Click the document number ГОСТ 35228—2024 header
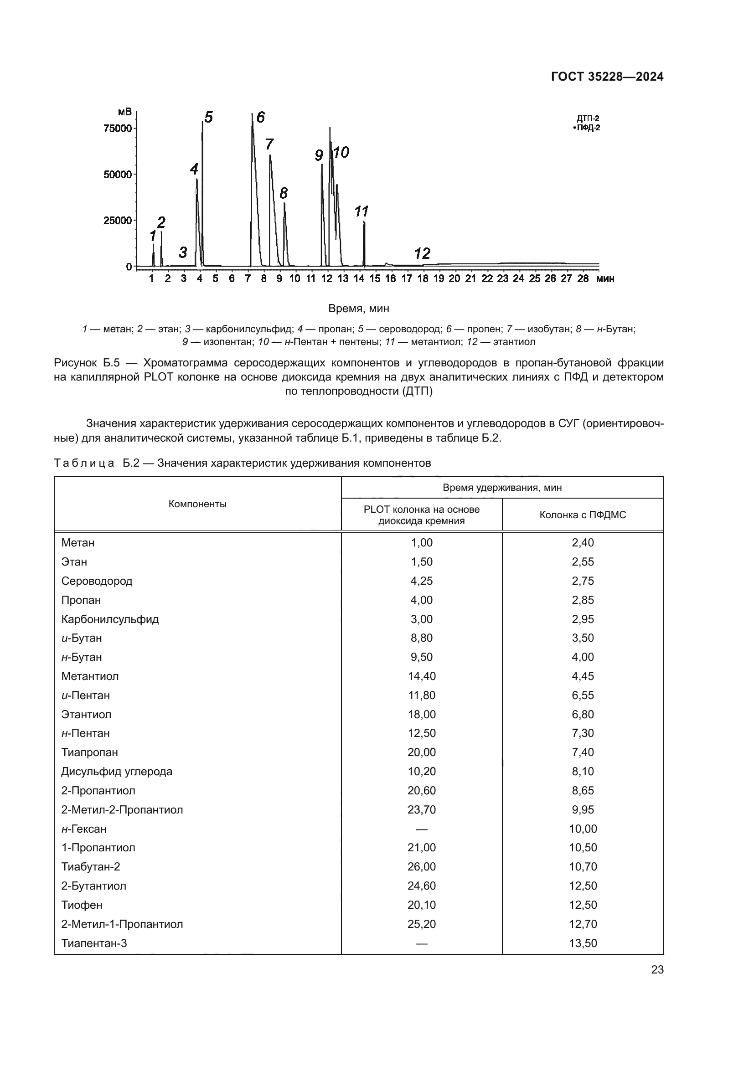click(607, 77)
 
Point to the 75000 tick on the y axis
click(118, 129)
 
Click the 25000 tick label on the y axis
click(118, 221)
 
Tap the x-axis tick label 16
click(391, 278)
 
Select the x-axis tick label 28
click(583, 278)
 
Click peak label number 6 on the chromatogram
click(260, 118)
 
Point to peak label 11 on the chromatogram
click(361, 212)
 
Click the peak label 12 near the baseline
click(422, 253)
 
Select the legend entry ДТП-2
click(588, 118)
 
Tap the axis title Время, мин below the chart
click(358, 308)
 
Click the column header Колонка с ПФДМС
click(583, 515)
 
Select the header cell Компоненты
click(197, 504)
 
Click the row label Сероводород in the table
click(97, 581)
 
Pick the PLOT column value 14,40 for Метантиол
click(422, 676)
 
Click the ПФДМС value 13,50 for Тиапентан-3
click(583, 943)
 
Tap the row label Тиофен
click(82, 905)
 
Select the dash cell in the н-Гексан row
click(422, 829)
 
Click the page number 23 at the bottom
click(657, 970)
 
